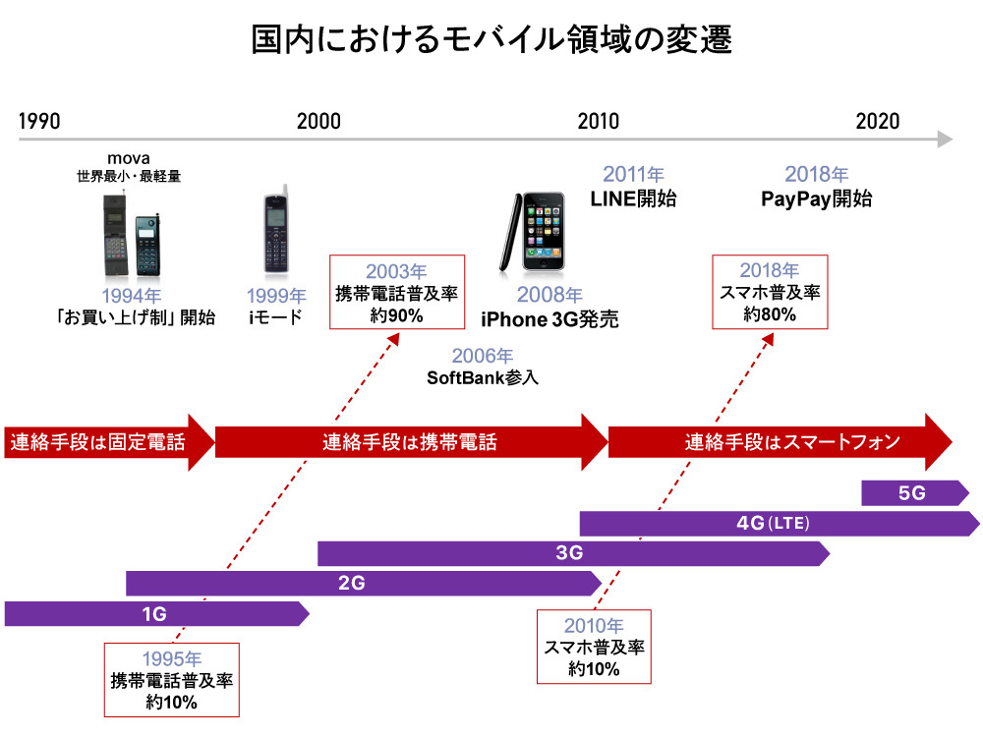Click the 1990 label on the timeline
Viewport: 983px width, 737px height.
39,122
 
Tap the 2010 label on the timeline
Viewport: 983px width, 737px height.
599,122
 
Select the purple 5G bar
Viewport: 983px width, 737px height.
912,493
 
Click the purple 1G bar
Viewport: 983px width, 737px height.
154,614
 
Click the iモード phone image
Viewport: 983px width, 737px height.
276,232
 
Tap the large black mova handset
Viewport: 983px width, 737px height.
116,236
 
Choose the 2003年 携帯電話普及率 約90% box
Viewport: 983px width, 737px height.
395,292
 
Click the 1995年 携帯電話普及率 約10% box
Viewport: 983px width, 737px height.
172,679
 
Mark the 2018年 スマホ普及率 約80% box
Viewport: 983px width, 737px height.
770,292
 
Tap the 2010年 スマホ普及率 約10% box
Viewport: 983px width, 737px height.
594,647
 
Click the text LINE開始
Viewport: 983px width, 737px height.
633,198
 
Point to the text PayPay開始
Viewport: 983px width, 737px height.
816,198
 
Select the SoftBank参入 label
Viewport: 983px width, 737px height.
483,376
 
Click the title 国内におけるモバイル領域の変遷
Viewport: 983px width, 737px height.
491,41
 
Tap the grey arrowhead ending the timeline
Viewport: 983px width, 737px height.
945,140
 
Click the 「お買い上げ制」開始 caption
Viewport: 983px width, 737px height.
136,317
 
